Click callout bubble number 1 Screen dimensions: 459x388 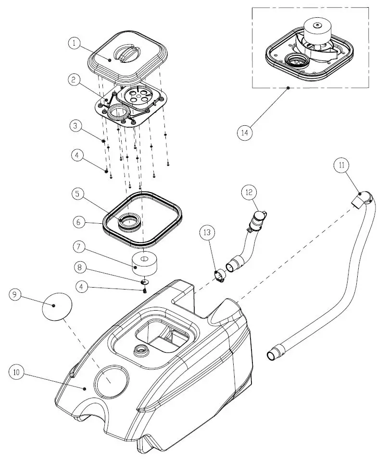(x=74, y=43)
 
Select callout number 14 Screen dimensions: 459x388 (x=245, y=132)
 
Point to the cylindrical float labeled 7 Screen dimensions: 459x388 (x=145, y=262)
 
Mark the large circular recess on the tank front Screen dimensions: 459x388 (x=113, y=381)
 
